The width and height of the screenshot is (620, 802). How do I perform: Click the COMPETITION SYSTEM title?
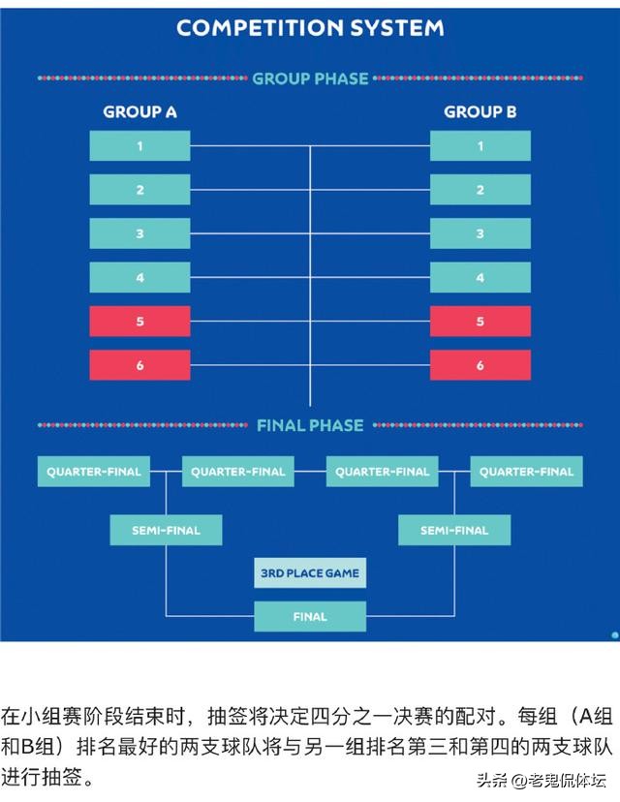310,27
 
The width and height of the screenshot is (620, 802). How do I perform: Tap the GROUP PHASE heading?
310,78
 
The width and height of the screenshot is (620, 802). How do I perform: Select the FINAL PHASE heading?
310,425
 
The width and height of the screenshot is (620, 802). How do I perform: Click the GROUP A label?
139,112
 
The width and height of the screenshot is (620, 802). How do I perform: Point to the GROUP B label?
480,112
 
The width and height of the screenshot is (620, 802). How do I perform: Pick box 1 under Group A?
139,146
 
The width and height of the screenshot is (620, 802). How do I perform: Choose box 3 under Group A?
139,233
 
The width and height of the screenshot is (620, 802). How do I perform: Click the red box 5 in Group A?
139,322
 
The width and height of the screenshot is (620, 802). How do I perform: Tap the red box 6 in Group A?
139,365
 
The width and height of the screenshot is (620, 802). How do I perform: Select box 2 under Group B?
480,190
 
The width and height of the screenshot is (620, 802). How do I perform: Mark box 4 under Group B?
480,278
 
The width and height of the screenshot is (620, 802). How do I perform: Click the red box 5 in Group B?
480,322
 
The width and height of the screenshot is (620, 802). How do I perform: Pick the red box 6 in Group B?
480,365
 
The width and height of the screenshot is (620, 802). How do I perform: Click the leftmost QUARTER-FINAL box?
94,472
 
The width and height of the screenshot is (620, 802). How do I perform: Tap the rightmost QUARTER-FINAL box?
526,472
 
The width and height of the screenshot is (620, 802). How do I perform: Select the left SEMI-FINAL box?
166,530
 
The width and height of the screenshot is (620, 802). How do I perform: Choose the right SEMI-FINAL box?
454,530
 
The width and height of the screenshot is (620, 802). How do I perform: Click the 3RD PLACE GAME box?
310,573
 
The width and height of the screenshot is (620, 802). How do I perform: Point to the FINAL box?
310,616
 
